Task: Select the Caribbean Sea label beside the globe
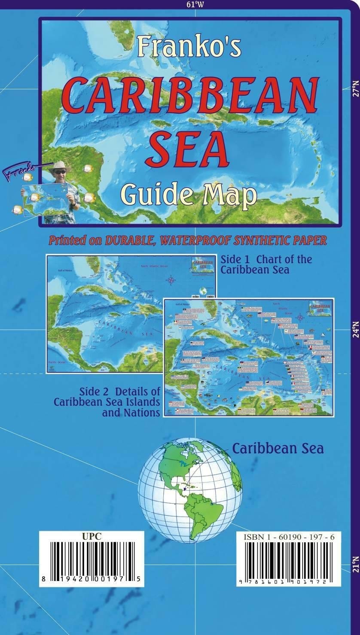278,448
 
